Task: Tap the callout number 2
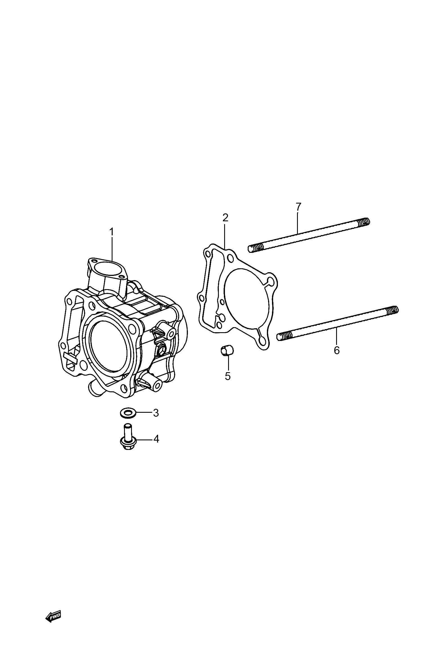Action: [x=225, y=218]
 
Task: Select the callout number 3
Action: [x=156, y=413]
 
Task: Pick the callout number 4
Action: [x=156, y=439]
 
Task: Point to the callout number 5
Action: [x=228, y=376]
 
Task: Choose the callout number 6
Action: [x=337, y=351]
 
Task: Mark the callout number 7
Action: [x=299, y=207]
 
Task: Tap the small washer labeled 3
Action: [x=127, y=413]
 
